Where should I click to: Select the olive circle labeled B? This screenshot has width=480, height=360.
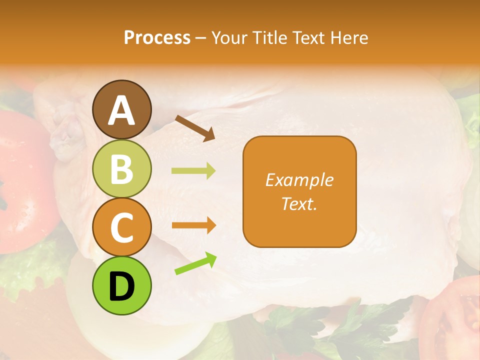(x=122, y=168)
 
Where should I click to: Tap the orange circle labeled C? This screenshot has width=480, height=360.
(x=122, y=226)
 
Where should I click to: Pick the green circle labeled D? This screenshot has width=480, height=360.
(x=122, y=285)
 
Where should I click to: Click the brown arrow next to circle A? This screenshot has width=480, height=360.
(x=195, y=127)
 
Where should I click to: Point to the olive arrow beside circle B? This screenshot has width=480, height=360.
(x=193, y=171)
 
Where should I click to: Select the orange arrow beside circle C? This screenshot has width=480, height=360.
(x=193, y=225)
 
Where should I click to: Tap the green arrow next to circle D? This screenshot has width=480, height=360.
(x=195, y=264)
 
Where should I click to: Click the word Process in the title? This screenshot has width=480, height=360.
(x=157, y=37)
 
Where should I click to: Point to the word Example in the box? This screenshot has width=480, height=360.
(x=299, y=180)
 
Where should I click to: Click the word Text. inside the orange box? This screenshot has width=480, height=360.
(x=299, y=203)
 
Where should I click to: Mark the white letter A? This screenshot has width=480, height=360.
(x=122, y=110)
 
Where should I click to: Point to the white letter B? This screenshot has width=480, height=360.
(x=122, y=169)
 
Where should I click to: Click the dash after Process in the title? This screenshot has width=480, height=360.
(x=200, y=38)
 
